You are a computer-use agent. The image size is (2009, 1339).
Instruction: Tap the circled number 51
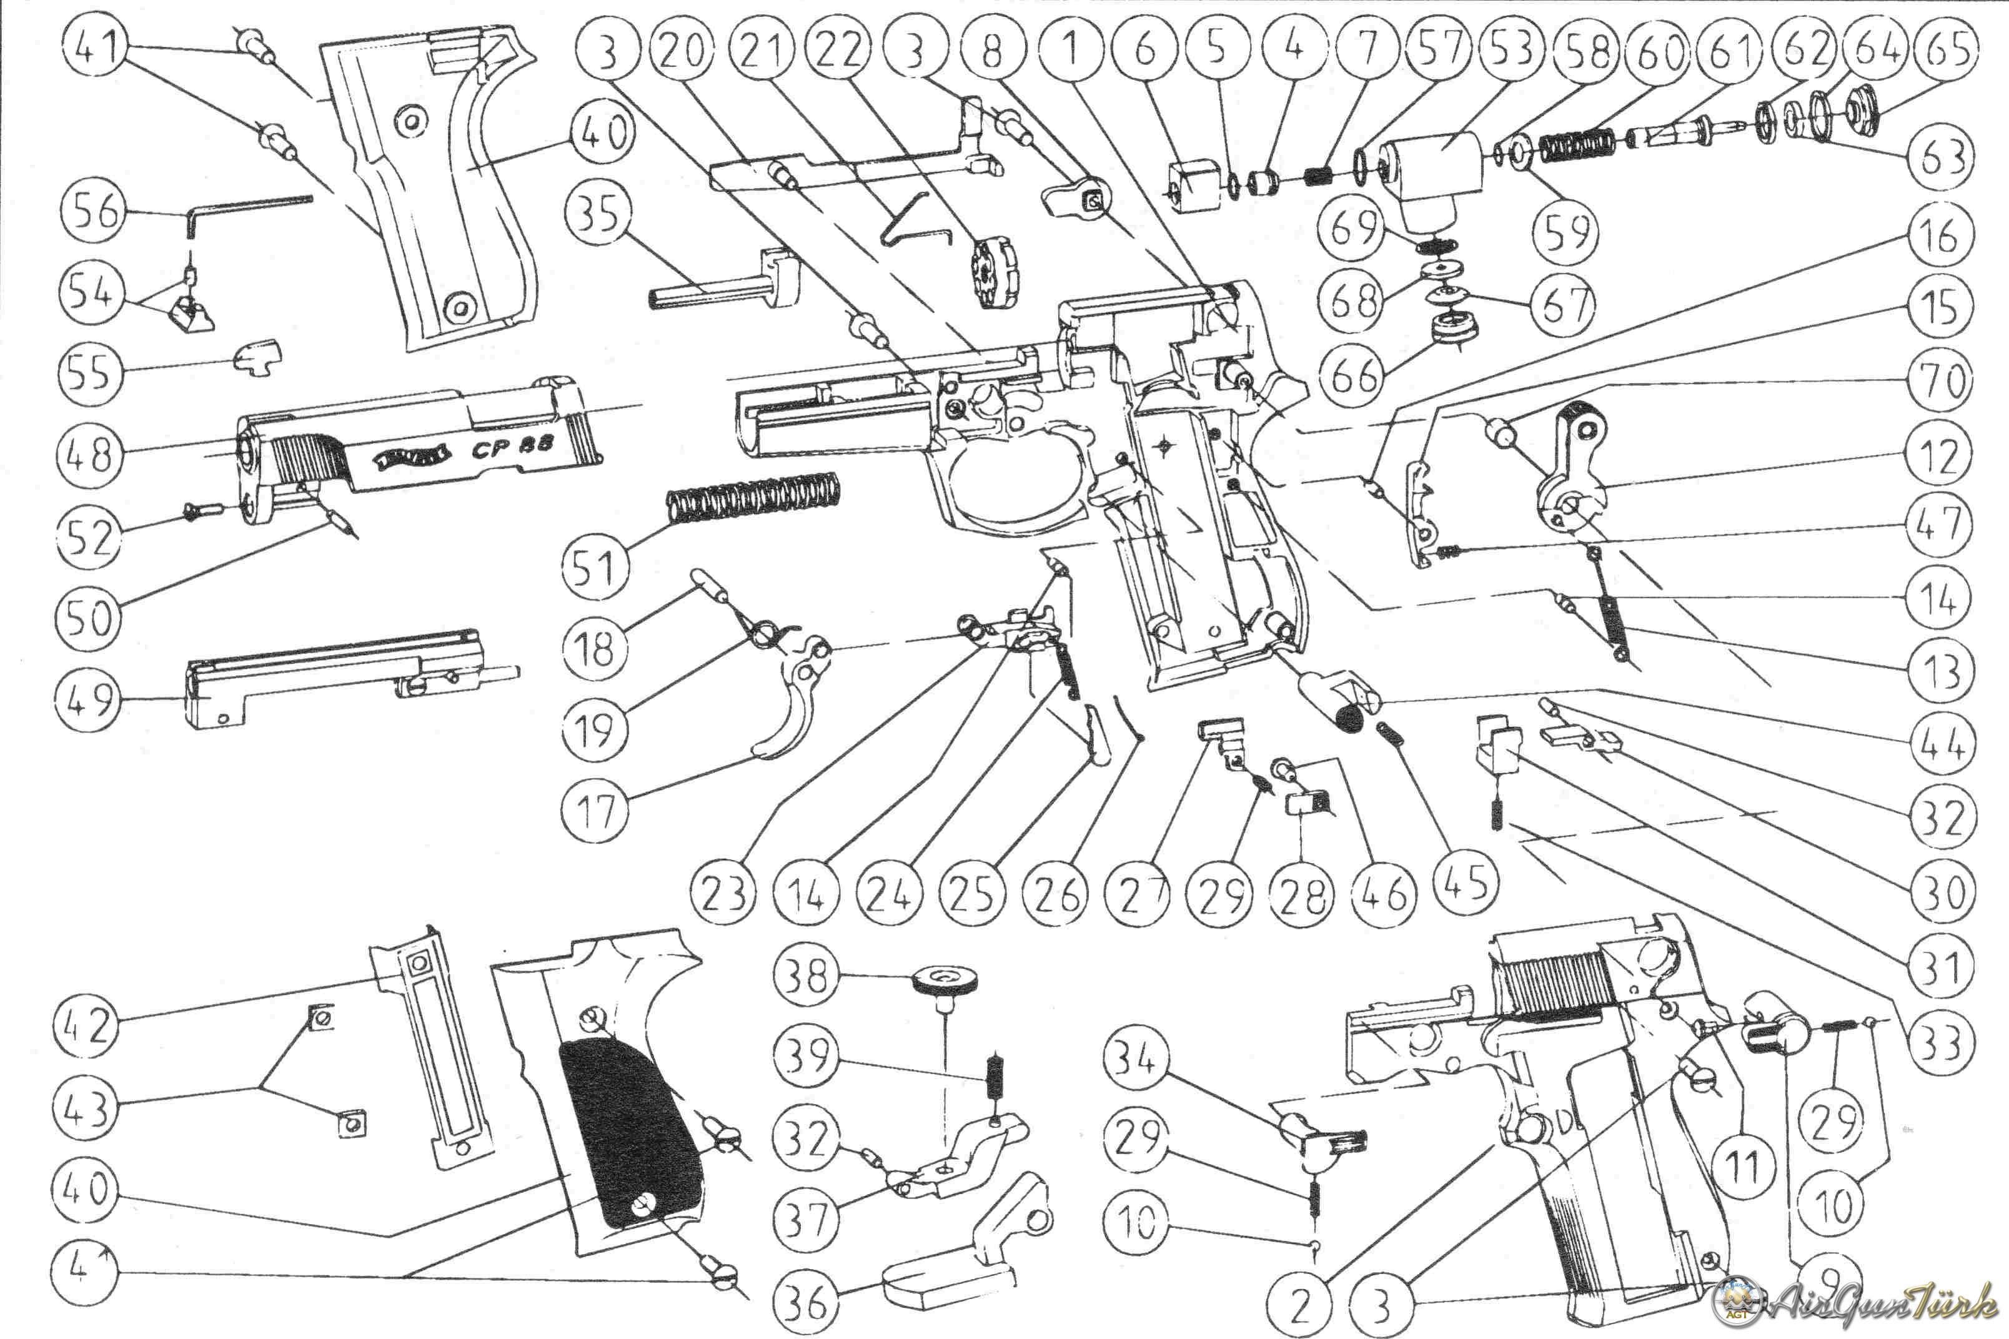coord(595,567)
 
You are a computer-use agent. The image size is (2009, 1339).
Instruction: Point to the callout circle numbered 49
coord(88,698)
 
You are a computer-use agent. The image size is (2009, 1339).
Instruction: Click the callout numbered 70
coord(1939,379)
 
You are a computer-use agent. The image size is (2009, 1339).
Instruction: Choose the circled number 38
coord(805,974)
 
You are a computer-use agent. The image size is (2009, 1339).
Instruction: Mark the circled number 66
coord(1353,376)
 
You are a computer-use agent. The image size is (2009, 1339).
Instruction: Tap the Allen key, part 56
coord(248,205)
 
